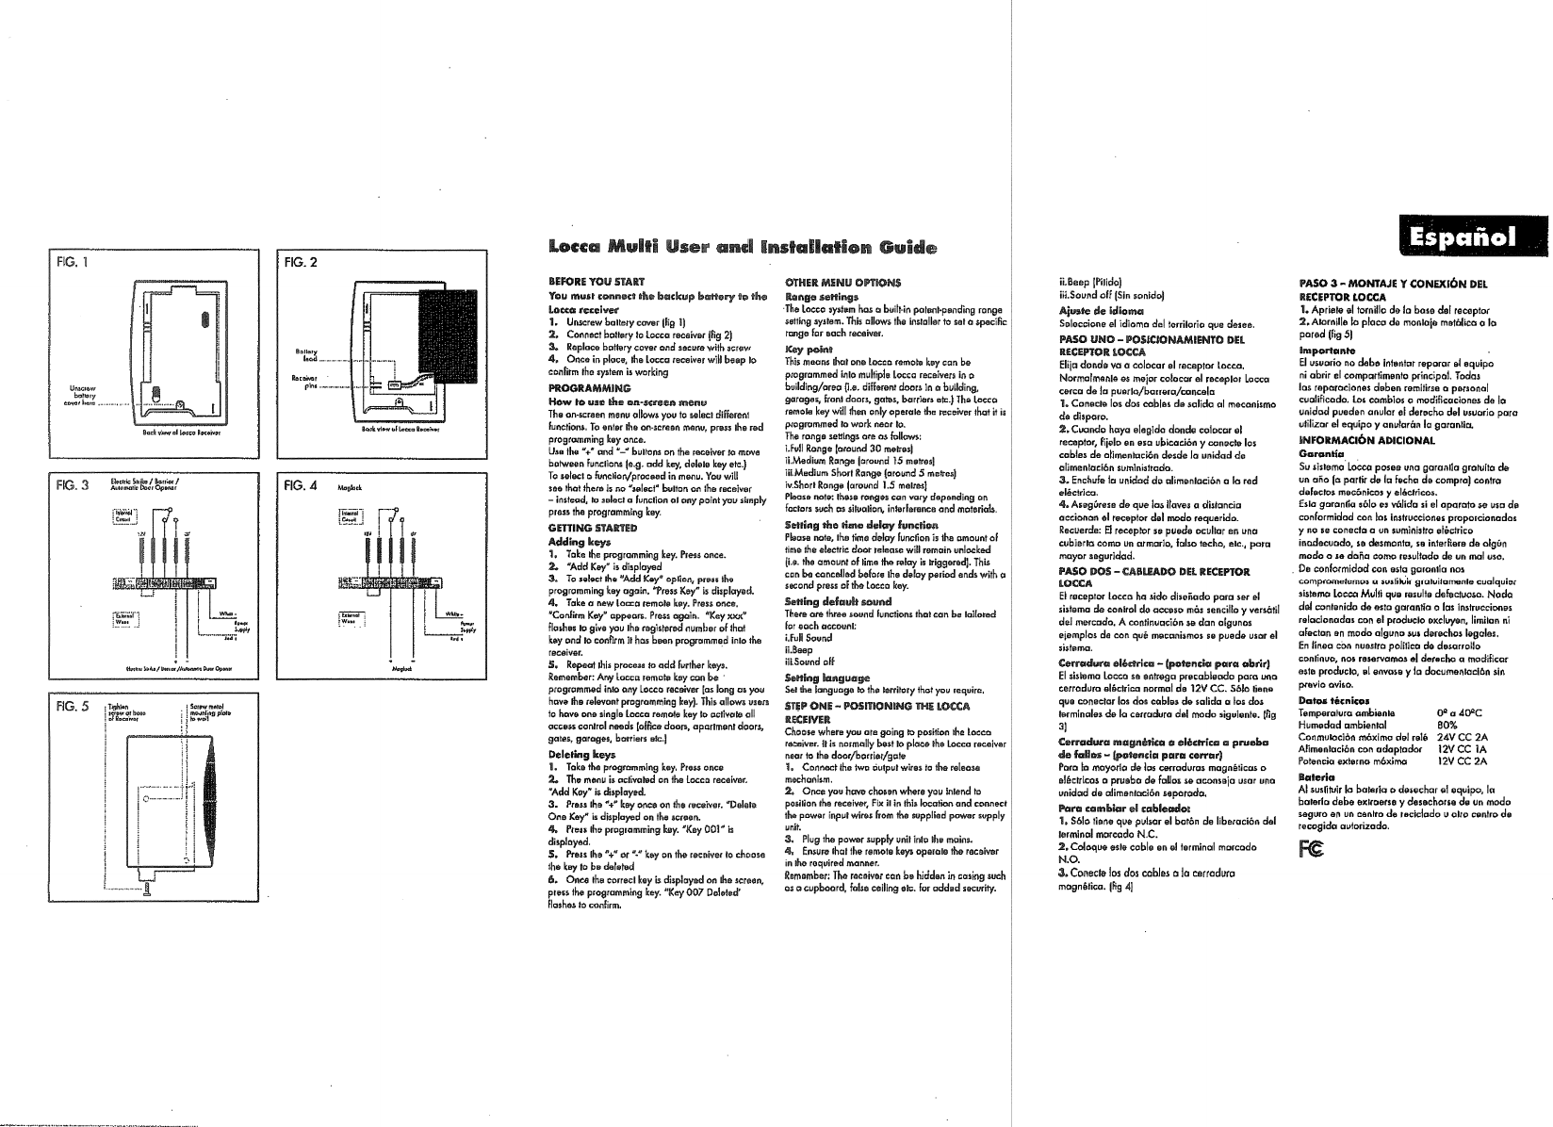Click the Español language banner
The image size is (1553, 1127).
point(1472,237)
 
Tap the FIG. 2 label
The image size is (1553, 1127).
point(300,262)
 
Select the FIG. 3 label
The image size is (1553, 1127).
point(73,486)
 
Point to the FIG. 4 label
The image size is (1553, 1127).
point(300,486)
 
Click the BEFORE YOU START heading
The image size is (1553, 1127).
point(584,281)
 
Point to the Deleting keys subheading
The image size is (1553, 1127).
point(580,755)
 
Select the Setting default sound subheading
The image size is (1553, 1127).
point(832,601)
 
